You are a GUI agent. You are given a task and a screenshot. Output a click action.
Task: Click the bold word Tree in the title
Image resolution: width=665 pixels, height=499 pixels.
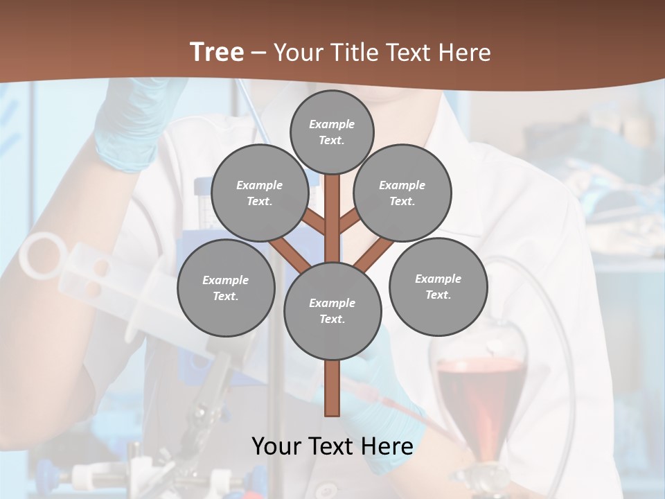(217, 52)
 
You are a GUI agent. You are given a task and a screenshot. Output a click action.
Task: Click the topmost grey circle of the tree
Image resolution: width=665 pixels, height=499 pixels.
(332, 132)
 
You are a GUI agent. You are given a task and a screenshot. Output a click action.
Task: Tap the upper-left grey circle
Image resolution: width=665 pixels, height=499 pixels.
(260, 193)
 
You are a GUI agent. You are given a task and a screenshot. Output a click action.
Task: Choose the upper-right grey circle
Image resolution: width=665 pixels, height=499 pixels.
(402, 193)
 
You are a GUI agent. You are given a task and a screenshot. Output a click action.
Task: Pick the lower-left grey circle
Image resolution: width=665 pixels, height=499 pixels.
(226, 288)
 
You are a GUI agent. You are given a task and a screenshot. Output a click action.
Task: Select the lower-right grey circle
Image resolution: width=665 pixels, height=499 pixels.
(438, 286)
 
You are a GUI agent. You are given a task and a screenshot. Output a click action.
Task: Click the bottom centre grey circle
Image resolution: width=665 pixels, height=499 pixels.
(332, 310)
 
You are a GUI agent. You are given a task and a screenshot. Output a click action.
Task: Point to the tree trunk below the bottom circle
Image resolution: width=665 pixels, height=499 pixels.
(332, 388)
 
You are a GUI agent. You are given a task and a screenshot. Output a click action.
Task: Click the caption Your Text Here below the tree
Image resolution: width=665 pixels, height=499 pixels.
(332, 446)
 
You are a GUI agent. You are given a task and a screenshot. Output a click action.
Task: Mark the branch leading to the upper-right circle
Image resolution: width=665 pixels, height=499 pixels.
(348, 222)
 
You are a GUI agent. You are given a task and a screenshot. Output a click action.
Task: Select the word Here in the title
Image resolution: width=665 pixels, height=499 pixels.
(465, 53)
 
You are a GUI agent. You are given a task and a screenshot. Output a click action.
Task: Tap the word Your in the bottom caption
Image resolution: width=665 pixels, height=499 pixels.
(277, 446)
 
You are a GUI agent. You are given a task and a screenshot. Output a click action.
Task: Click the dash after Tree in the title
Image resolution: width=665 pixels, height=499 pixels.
(258, 53)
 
